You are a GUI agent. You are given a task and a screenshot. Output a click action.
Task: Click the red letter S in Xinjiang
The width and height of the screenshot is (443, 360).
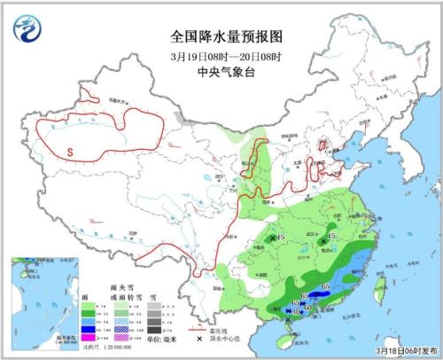coord(68,152)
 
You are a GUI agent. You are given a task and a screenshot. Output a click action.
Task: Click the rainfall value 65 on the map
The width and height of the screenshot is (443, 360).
coord(325,286)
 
